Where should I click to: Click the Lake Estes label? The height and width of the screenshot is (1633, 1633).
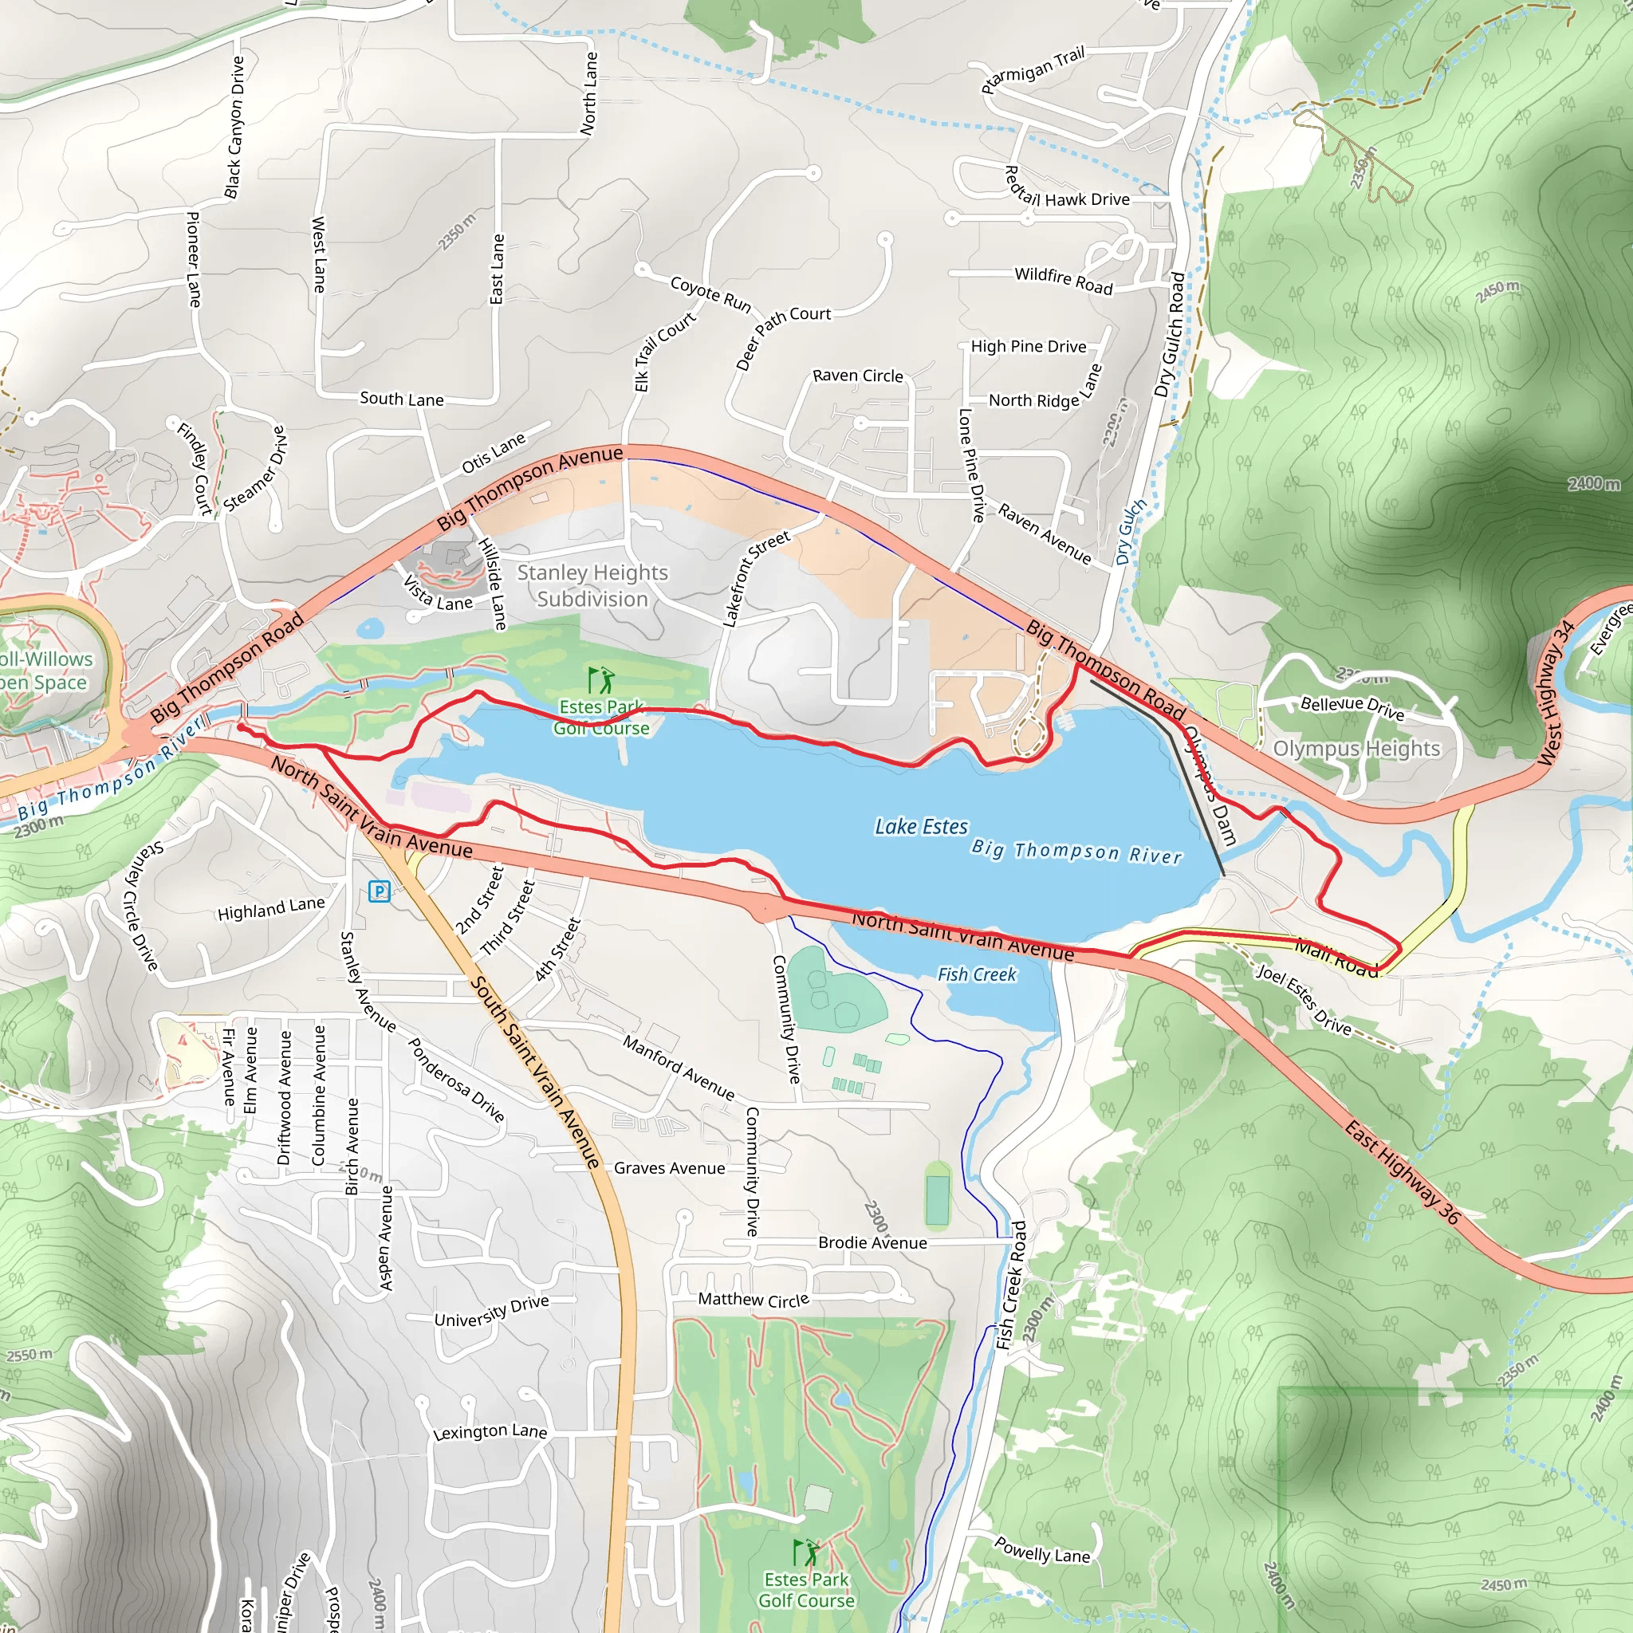pyautogui.click(x=920, y=826)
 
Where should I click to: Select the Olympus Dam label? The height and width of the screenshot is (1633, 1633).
pyautogui.click(x=1210, y=785)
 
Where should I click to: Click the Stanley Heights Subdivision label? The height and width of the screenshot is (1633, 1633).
pyautogui.click(x=592, y=586)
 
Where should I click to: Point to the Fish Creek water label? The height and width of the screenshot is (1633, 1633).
pyautogui.click(x=976, y=974)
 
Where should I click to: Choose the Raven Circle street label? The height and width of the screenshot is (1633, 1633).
pyautogui.click(x=857, y=376)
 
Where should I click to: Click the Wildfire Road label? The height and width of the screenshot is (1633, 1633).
pyautogui.click(x=1064, y=280)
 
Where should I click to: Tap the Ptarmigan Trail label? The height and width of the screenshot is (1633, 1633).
pyautogui.click(x=1032, y=70)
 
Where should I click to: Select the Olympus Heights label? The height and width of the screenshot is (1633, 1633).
pyautogui.click(x=1356, y=749)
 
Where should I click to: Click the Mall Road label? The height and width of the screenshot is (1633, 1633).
pyautogui.click(x=1337, y=958)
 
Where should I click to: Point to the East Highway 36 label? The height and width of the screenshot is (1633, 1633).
pyautogui.click(x=1403, y=1172)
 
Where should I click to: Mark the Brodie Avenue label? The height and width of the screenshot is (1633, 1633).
pyautogui.click(x=872, y=1242)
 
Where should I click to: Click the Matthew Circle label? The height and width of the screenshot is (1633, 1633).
pyautogui.click(x=753, y=1299)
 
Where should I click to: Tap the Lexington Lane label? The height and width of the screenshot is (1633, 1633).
pyautogui.click(x=490, y=1432)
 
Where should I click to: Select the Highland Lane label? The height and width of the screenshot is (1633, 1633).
pyautogui.click(x=270, y=909)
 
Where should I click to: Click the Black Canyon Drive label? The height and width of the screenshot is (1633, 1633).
pyautogui.click(x=234, y=127)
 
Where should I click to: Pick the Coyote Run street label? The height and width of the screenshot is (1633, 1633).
pyautogui.click(x=710, y=293)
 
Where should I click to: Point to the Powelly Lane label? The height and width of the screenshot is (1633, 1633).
pyautogui.click(x=1041, y=1549)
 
